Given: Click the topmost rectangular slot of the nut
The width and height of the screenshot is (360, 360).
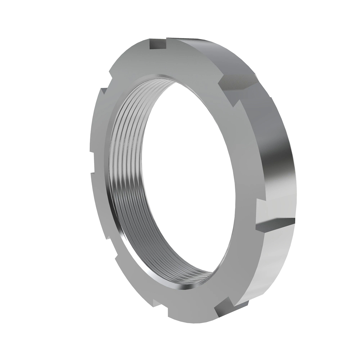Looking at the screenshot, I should pyautogui.click(x=157, y=44).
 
